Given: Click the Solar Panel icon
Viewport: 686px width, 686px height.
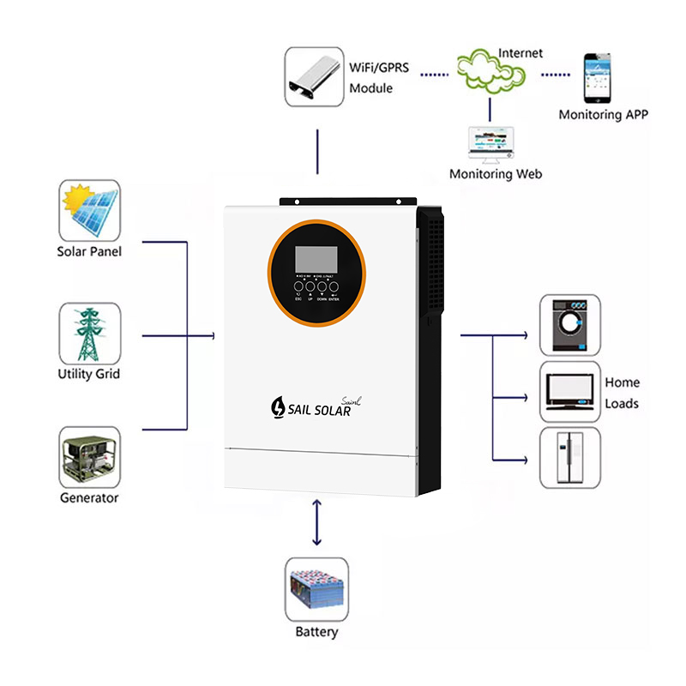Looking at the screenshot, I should (x=90, y=210).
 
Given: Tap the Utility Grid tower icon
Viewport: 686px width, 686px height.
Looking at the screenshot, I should (x=89, y=333).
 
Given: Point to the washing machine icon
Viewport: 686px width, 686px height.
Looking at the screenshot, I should (x=569, y=325).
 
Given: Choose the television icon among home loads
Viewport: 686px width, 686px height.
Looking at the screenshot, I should (x=569, y=391).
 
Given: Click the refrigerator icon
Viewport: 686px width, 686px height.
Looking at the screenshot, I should (x=569, y=458).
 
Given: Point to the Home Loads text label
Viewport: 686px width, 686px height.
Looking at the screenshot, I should (x=622, y=393).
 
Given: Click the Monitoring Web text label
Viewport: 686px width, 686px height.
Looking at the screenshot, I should (x=496, y=174).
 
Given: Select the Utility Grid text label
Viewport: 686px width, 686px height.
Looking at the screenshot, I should (x=89, y=374).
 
